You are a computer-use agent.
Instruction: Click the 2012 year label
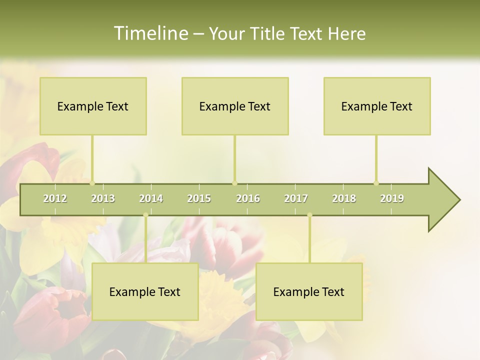pyautogui.click(x=55, y=198)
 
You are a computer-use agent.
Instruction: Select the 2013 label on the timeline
pyautogui.click(x=103, y=198)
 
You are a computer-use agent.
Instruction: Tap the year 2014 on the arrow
pyautogui.click(x=151, y=198)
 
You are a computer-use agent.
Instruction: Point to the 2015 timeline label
pyautogui.click(x=199, y=198)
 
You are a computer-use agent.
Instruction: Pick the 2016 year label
pyautogui.click(x=248, y=198)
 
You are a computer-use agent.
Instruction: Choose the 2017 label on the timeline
pyautogui.click(x=296, y=198)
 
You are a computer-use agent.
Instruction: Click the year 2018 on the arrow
pyautogui.click(x=344, y=198)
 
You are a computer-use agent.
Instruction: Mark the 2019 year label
pyautogui.click(x=392, y=198)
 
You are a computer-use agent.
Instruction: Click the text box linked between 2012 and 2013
pyautogui.click(x=93, y=106)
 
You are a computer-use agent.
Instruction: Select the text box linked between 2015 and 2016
pyautogui.click(x=235, y=106)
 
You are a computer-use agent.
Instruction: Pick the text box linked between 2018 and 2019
pyautogui.click(x=377, y=106)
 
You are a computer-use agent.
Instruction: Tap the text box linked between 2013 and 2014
pyautogui.click(x=145, y=291)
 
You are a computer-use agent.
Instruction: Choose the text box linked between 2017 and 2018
pyautogui.click(x=309, y=291)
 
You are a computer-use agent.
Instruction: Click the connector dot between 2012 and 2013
pyautogui.click(x=92, y=183)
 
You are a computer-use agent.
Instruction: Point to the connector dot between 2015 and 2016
pyautogui.click(x=234, y=183)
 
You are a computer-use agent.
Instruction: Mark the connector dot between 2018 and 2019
pyautogui.click(x=376, y=183)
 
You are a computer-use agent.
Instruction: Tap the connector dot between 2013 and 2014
pyautogui.click(x=145, y=215)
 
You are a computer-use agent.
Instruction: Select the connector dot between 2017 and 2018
pyautogui.click(x=309, y=215)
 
